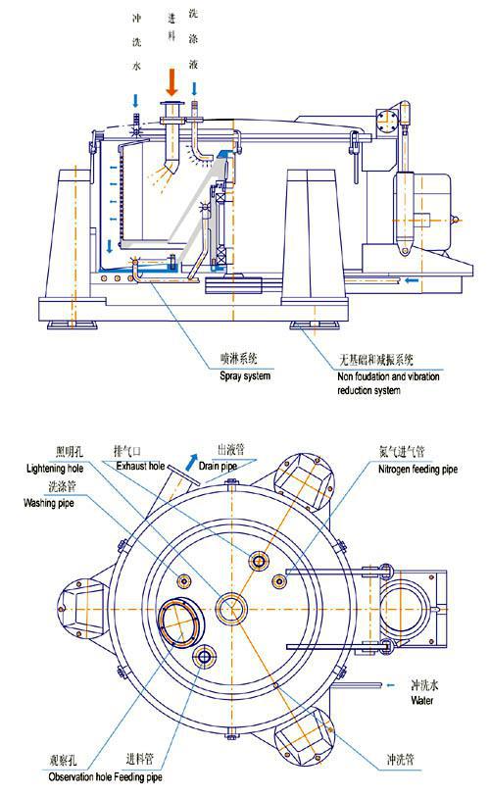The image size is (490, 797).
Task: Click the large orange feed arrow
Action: (172, 82)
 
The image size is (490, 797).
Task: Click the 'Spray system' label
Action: (244, 376)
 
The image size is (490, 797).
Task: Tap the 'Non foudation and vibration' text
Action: (388, 376)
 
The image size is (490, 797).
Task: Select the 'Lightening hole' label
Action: (54, 469)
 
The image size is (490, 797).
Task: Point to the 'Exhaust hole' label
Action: (140, 466)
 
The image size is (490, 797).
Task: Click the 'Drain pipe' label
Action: (218, 466)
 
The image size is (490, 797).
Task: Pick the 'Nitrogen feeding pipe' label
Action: (417, 470)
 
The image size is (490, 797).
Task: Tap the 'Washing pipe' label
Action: (49, 503)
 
